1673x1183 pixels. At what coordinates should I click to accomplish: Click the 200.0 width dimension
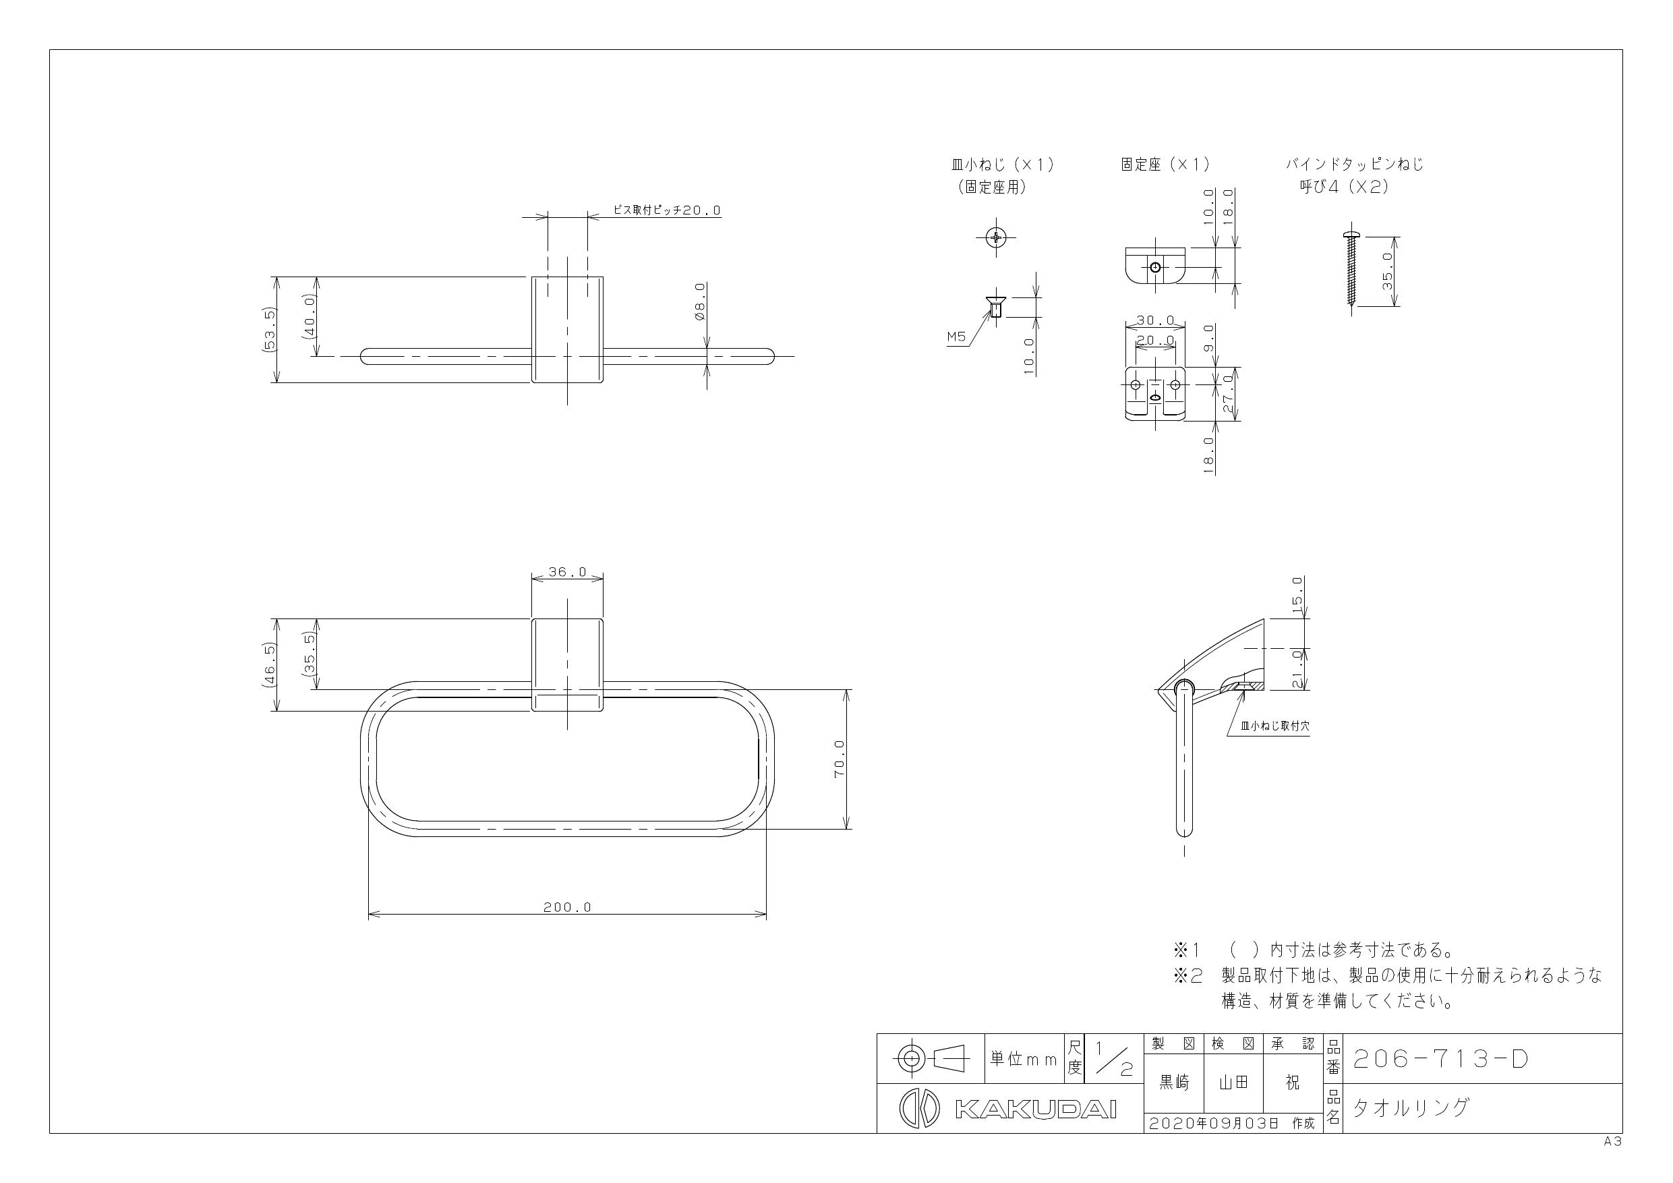tap(567, 907)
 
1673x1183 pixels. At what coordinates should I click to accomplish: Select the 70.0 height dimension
tap(840, 759)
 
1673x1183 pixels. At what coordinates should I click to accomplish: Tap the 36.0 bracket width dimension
tap(567, 572)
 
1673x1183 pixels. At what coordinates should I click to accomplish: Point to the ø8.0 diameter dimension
tap(699, 301)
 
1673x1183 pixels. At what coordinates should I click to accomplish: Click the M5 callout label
tap(956, 337)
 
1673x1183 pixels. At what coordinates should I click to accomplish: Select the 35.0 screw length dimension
tap(1387, 271)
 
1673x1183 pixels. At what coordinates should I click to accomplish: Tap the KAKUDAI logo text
tap(1034, 1109)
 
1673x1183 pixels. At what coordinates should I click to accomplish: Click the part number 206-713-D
tap(1440, 1058)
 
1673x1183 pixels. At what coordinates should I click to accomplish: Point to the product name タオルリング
tap(1411, 1108)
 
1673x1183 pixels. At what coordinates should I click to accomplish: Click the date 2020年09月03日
tap(1214, 1123)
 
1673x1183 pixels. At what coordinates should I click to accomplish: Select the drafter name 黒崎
tap(1174, 1083)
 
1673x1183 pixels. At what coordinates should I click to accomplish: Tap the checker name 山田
tap(1233, 1083)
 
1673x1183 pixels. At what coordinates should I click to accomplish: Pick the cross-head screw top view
tap(996, 236)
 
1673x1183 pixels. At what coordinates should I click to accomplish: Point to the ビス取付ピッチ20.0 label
tap(667, 210)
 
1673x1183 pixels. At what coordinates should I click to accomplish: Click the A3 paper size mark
tap(1612, 1142)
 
